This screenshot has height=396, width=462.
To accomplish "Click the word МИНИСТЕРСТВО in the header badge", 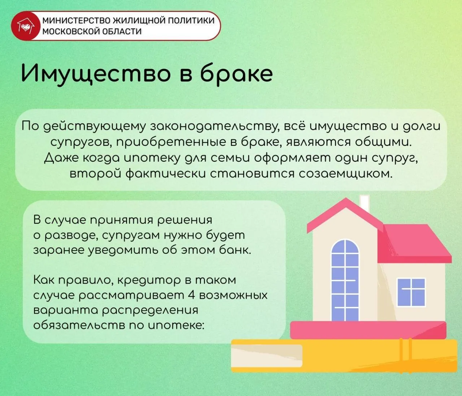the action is pyautogui.click(x=76, y=21).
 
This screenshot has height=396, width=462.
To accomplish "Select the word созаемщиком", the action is pyautogui.click(x=345, y=174).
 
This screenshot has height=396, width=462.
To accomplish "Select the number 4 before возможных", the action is pyautogui.click(x=192, y=295).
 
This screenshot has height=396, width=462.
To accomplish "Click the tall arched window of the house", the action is pyautogui.click(x=345, y=280).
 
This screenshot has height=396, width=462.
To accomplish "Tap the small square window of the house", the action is pyautogui.click(x=411, y=292).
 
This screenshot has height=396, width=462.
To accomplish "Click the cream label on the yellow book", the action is pyautogui.click(x=267, y=356).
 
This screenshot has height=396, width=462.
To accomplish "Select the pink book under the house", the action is pyautogui.click(x=368, y=330).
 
